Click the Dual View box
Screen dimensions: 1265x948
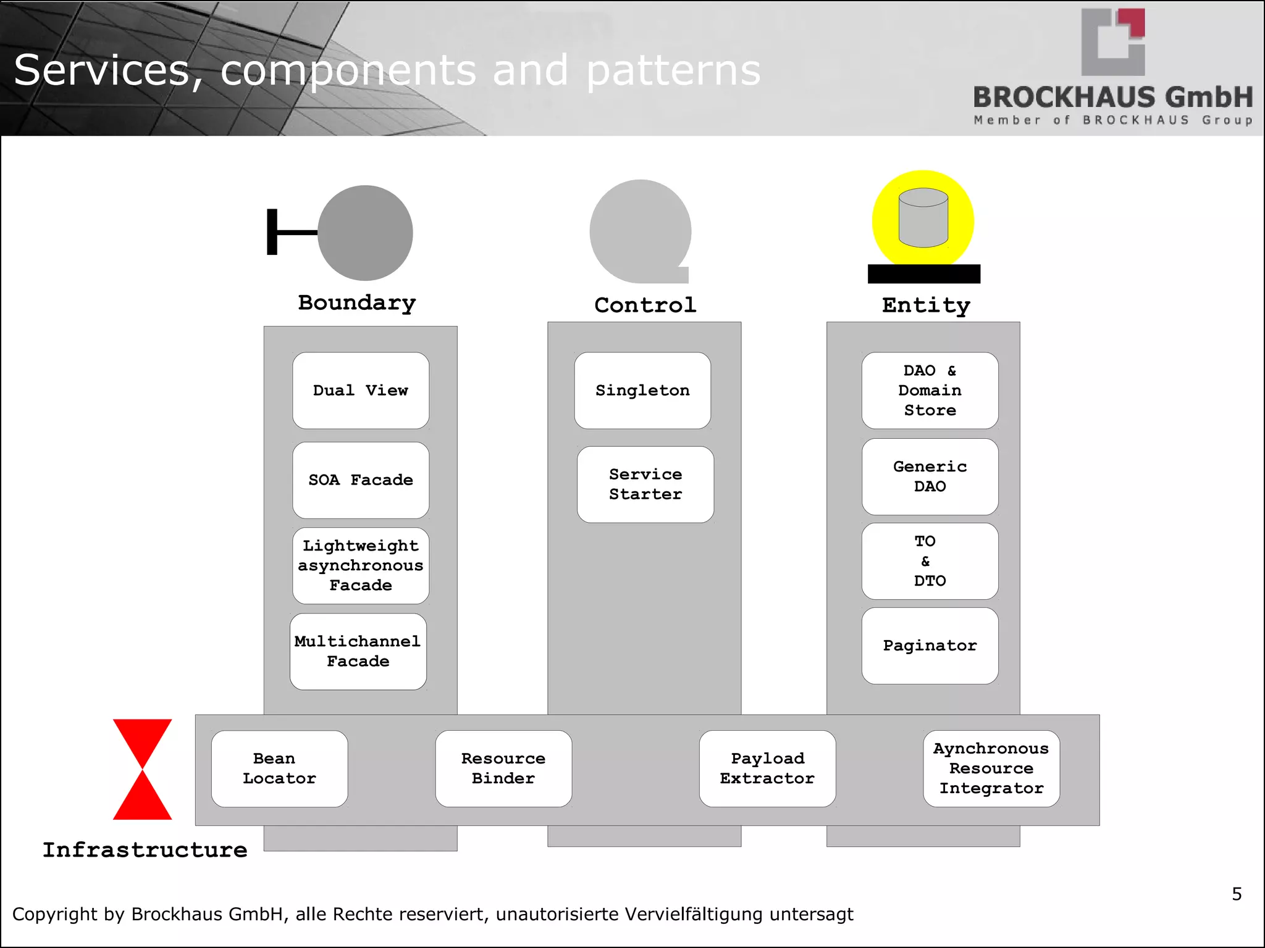pos(361,390)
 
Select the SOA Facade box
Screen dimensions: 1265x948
pos(361,480)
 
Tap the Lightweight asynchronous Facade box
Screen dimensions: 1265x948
pos(361,565)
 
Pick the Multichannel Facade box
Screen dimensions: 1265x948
pos(358,651)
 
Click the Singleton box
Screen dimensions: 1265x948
pos(642,390)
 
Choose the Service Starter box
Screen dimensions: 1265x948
pos(645,484)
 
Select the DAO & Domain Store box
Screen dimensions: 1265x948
pos(930,390)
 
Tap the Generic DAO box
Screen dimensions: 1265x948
pos(930,476)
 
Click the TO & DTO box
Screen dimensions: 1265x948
pos(930,561)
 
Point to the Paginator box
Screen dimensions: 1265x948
pos(930,646)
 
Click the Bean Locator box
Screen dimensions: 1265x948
pos(279,768)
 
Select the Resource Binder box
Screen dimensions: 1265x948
pos(503,768)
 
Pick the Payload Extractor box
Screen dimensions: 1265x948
pos(767,768)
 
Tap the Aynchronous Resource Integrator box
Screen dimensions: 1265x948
pos(991,768)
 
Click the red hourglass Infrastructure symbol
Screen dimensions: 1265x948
pos(142,769)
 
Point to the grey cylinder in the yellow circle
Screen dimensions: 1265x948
pos(923,218)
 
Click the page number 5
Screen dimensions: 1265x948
pos(1237,894)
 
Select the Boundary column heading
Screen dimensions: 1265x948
pos(357,302)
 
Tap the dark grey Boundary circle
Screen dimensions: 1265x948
pos(365,233)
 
